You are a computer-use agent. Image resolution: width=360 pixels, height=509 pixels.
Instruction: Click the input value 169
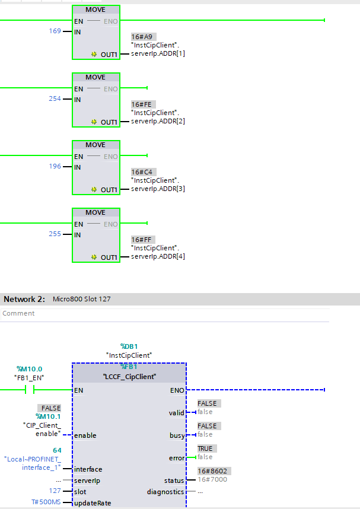55,31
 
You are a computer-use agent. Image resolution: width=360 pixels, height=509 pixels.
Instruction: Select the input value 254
55,98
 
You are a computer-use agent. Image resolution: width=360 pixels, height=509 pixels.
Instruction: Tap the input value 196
55,166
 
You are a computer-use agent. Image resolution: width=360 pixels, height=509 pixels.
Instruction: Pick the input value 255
55,234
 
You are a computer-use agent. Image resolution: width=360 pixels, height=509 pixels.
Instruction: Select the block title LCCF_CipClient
129,376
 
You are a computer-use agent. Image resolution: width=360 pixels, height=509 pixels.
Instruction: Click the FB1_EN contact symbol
30,390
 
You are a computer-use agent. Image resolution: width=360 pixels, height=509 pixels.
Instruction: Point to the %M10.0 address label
29,369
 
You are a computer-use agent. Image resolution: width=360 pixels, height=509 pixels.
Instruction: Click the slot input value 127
55,491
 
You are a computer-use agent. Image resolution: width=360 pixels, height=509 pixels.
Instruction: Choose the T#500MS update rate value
46,502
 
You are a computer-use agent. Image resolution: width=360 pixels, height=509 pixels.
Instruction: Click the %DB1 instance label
129,346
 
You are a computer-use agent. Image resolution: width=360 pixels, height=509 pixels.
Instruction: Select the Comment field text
18,313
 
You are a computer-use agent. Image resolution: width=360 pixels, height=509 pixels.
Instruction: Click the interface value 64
57,450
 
